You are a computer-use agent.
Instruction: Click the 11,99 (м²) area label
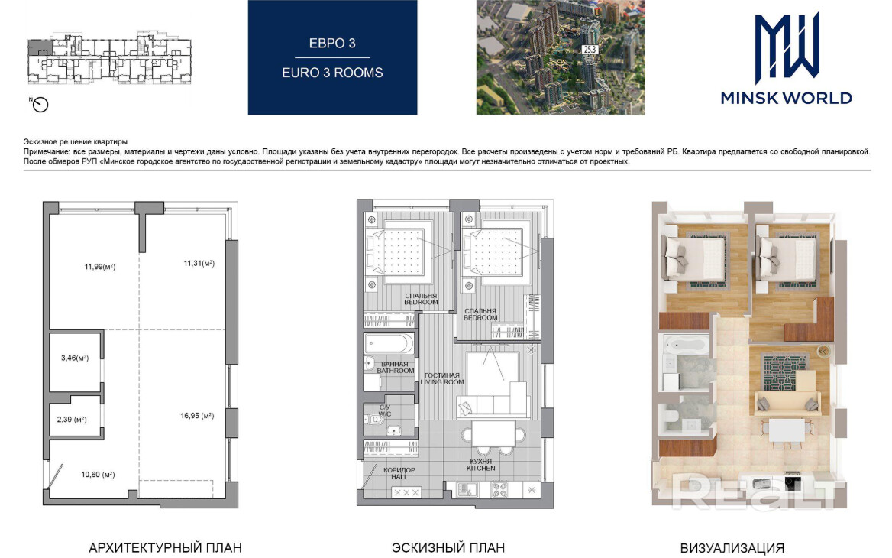click(x=100, y=267)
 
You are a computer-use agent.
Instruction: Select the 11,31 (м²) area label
click(x=199, y=263)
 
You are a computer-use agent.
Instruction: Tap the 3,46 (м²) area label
click(x=75, y=358)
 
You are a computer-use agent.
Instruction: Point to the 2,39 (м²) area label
click(x=72, y=420)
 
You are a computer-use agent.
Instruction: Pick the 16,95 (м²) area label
click(x=197, y=416)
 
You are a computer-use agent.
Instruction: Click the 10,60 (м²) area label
click(x=98, y=474)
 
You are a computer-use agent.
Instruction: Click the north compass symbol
click(x=40, y=104)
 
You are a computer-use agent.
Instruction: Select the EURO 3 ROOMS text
click(x=332, y=73)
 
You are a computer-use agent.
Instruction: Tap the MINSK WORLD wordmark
click(x=786, y=98)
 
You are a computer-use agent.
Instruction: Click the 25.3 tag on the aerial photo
click(x=590, y=50)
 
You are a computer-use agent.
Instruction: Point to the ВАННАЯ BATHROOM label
click(x=395, y=367)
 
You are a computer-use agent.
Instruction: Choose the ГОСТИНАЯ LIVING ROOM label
click(x=442, y=378)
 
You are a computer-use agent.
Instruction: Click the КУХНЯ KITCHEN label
click(x=480, y=466)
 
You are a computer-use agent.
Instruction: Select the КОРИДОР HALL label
click(x=399, y=473)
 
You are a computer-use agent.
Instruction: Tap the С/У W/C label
click(x=385, y=410)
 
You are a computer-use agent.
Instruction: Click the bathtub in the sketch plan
click(x=389, y=344)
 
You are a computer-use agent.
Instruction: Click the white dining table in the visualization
click(x=787, y=430)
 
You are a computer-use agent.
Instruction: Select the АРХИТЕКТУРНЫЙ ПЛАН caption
click(x=165, y=548)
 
